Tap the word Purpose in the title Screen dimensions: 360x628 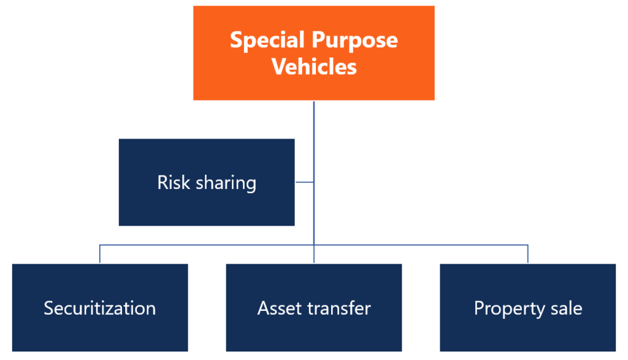[x=355, y=40]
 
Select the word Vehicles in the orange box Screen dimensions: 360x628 [x=314, y=66]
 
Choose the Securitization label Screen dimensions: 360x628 [x=99, y=308]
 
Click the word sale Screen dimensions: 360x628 [x=566, y=308]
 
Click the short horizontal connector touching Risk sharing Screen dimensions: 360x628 [x=304, y=182]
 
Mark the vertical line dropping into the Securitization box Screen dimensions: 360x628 [x=100, y=255]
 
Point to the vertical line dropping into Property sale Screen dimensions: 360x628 [x=528, y=255]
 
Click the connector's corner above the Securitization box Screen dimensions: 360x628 [x=100, y=245]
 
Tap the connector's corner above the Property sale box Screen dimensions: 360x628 [x=528, y=245]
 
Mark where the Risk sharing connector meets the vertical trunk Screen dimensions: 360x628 [x=314, y=182]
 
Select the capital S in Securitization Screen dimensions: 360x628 [x=48, y=308]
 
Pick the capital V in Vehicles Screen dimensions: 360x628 [x=278, y=66]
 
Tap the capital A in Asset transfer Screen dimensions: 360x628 [x=263, y=308]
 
